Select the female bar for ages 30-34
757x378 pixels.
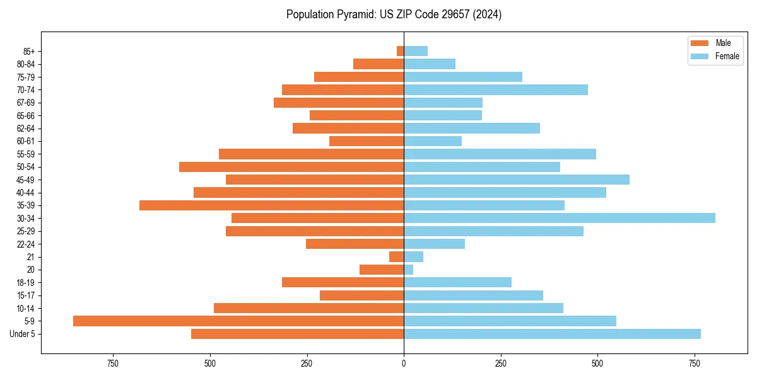[560, 218]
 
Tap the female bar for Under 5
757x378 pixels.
[552, 334]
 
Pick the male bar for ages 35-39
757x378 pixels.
[271, 205]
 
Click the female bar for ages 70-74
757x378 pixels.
[496, 89]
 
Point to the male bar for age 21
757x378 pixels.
[397, 256]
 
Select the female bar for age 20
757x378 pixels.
[409, 270]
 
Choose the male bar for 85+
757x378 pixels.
[400, 51]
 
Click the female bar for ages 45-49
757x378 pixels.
[517, 180]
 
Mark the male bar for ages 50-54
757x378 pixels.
[291, 167]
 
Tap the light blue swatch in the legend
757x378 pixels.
[700, 56]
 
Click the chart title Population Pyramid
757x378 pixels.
[394, 14]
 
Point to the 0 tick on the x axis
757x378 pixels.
[404, 364]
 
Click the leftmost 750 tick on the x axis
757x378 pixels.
[113, 364]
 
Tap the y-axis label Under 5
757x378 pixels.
[23, 334]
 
